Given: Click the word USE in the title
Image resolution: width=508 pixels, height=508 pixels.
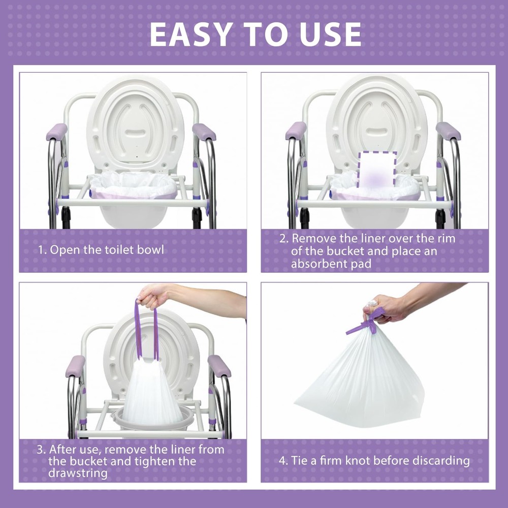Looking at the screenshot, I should pyautogui.click(x=327, y=35).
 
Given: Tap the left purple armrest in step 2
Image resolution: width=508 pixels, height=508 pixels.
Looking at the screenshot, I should pyautogui.click(x=296, y=131).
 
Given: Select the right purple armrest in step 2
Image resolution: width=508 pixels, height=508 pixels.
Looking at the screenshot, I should pyautogui.click(x=448, y=131).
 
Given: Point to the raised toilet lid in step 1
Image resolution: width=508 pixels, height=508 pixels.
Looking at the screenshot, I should pyautogui.click(x=135, y=122).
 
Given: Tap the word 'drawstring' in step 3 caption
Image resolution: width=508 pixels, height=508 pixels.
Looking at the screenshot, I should pyautogui.click(x=78, y=473).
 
